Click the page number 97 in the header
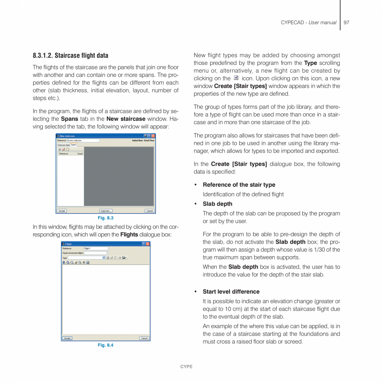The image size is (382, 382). click(346, 22)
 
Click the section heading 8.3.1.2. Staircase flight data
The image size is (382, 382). click(70, 56)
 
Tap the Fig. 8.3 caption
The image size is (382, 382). click(105, 218)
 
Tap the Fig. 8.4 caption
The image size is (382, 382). click(105, 345)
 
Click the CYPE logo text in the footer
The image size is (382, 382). click(186, 367)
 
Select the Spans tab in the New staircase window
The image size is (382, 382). click(73, 144)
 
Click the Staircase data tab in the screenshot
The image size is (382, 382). click(64, 145)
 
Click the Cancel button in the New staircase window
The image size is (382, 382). click(149, 211)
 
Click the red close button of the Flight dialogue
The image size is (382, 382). click(148, 244)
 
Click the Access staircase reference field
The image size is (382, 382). click(83, 140)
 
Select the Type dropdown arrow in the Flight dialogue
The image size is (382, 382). click(104, 258)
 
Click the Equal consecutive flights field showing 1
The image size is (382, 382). click(96, 253)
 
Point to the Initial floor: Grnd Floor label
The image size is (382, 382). click(143, 140)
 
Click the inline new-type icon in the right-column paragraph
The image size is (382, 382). click(236, 78)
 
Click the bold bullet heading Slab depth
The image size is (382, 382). click(217, 204)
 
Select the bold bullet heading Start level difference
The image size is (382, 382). click(231, 291)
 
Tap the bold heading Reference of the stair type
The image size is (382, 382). click(239, 185)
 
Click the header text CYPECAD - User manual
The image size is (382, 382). click(309, 22)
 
